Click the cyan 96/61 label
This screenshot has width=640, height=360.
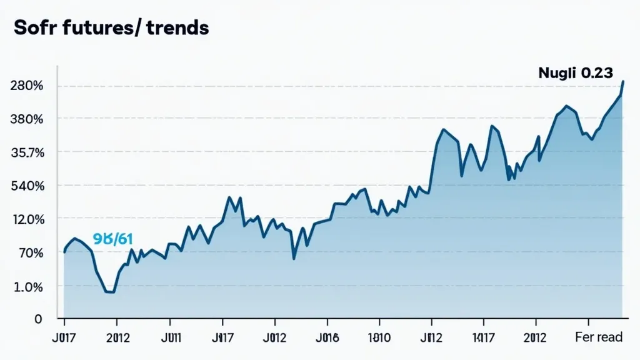point(112,239)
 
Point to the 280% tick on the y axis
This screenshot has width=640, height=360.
point(27,86)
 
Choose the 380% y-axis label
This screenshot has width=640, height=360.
point(27,119)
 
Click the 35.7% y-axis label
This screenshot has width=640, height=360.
point(27,152)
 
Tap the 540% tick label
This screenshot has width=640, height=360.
point(27,186)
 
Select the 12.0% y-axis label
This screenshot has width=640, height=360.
point(27,219)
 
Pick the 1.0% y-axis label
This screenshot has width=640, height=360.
point(28,287)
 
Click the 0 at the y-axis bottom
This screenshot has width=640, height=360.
point(38,319)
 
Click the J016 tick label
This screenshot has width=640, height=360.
point(327,338)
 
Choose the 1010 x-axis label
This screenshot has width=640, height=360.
point(379,338)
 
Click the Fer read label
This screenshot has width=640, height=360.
point(598,337)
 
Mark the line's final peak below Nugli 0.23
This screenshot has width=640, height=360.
point(622,82)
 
